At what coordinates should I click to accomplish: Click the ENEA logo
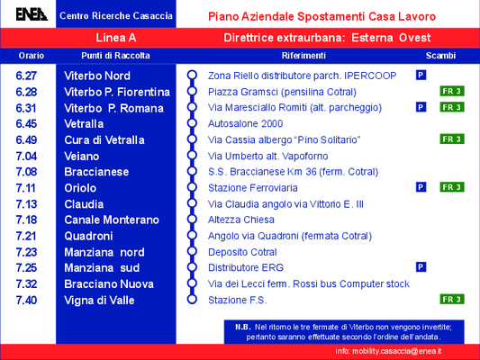32,14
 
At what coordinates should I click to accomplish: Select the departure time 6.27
26,76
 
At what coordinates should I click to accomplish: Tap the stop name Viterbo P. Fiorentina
117,92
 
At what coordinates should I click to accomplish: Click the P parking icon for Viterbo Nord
421,75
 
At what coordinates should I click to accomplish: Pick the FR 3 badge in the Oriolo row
452,187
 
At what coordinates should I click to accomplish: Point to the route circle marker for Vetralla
192,123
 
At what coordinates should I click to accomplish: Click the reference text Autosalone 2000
245,123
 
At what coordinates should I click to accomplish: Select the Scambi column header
440,56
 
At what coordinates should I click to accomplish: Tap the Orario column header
32,56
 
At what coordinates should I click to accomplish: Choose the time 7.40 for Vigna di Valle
26,300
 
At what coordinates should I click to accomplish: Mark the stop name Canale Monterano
112,220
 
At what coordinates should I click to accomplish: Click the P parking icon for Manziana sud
421,267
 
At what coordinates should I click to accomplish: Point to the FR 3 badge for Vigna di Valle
452,299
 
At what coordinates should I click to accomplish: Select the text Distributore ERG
246,267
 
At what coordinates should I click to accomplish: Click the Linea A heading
115,38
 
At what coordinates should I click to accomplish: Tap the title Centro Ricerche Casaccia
116,15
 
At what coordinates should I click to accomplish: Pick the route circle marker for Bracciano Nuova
192,283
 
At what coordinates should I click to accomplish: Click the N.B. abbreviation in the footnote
243,327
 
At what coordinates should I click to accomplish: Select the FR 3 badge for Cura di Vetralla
452,139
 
